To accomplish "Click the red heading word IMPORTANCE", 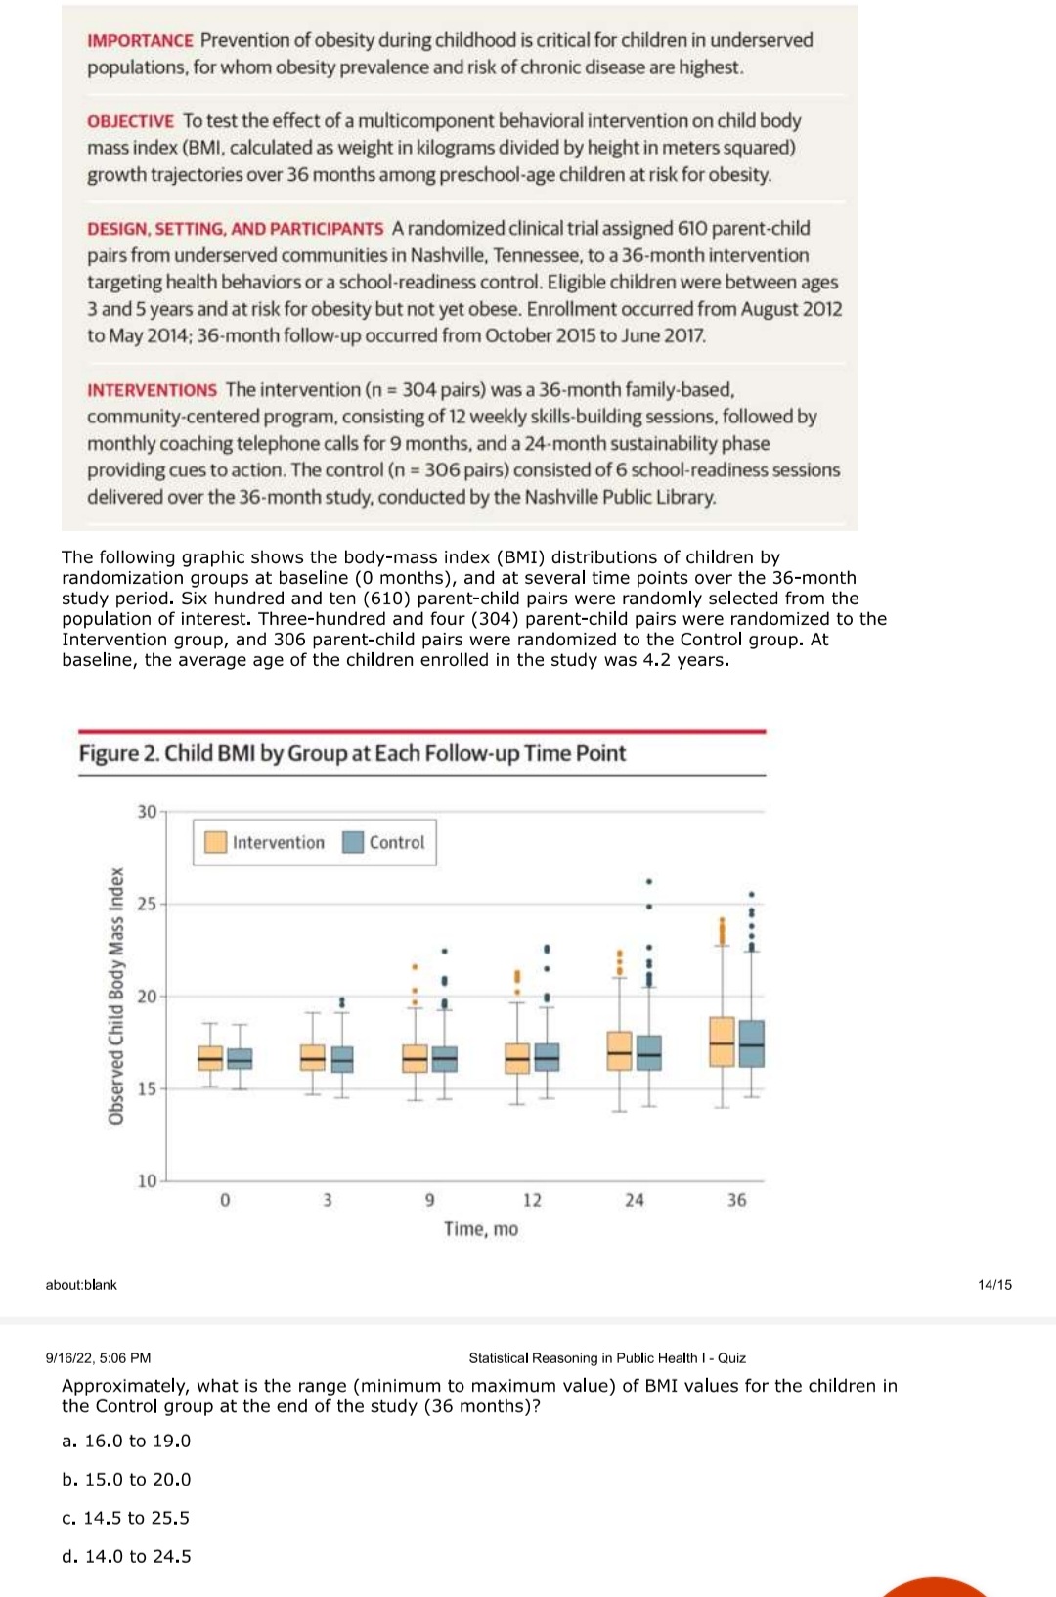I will click(140, 41).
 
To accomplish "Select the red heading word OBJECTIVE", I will click(130, 121).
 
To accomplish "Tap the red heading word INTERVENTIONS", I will click(152, 390).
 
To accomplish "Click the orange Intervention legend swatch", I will click(215, 842).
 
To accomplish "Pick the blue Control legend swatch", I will click(353, 842).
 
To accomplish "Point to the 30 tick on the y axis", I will click(147, 812).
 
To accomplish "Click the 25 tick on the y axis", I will click(147, 904).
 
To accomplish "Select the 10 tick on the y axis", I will click(147, 1180).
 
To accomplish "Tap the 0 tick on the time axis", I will click(225, 1200).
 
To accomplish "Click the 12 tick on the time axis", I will click(532, 1200).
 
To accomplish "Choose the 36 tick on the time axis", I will click(736, 1200).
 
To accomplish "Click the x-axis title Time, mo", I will click(481, 1229).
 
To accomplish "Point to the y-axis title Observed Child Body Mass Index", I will click(116, 996).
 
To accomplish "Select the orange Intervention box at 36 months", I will click(722, 1042).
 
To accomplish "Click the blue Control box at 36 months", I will click(752, 1043).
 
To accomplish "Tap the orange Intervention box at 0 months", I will click(210, 1058).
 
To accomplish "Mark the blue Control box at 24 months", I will click(649, 1052).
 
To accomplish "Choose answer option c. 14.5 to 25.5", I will click(126, 1518).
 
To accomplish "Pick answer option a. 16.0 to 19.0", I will click(126, 1441).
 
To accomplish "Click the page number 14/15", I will click(994, 1284).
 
